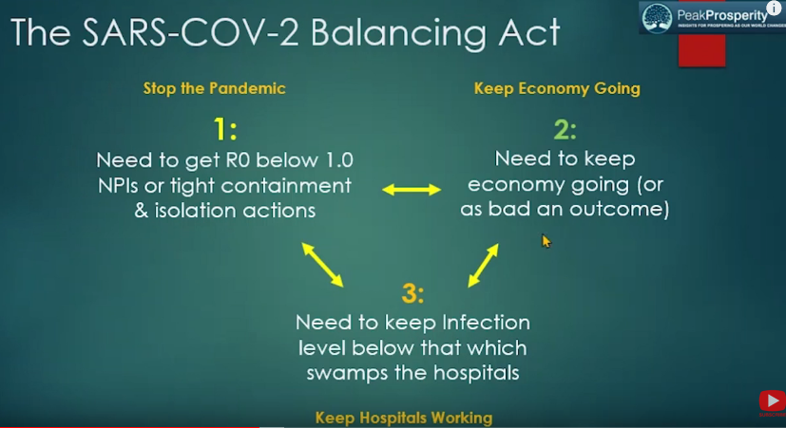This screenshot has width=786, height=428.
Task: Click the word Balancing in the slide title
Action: click(398, 33)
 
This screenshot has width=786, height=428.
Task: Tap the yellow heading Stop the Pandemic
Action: click(215, 88)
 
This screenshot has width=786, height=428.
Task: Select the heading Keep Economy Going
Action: click(557, 89)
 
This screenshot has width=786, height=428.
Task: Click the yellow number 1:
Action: click(225, 129)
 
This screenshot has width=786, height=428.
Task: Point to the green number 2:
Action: click(565, 129)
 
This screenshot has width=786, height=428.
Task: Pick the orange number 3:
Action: click(412, 293)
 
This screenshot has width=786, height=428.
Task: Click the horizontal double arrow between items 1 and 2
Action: click(412, 190)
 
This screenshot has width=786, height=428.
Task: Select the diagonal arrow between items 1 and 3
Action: click(322, 265)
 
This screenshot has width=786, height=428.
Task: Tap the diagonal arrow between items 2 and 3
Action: click(483, 266)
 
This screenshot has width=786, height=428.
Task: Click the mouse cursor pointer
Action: click(546, 241)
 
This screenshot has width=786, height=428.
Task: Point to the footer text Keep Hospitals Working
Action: click(404, 418)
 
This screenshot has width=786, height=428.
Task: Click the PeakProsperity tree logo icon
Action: click(657, 19)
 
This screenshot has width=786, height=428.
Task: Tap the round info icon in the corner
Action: click(774, 7)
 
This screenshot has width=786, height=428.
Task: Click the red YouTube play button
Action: click(772, 400)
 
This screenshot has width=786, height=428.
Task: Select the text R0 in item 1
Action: click(238, 160)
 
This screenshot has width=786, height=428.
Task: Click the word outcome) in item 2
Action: click(619, 209)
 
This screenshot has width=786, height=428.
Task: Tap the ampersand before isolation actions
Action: click(142, 211)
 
